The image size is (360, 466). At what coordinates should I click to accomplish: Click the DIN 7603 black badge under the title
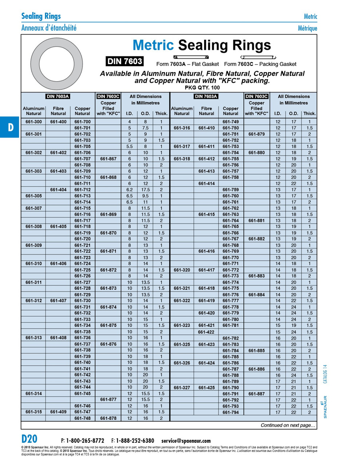coord(124,61)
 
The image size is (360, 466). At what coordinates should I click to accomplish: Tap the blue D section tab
coord(10,127)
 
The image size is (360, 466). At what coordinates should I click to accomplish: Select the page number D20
coord(29,439)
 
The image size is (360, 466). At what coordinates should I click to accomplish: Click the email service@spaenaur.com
coord(186,441)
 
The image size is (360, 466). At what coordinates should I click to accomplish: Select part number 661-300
coord(33,122)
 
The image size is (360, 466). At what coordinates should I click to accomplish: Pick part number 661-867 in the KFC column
coord(108,159)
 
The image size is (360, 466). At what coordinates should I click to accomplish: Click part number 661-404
coord(58,190)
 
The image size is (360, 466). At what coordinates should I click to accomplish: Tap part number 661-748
coord(82,418)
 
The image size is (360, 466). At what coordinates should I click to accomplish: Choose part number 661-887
coord(256,394)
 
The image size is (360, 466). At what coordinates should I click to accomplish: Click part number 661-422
coord(206,332)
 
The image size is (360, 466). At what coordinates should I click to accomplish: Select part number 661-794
coord(230,412)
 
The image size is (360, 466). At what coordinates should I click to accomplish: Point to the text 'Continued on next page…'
coord(288,425)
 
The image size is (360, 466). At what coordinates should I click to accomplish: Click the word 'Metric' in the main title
coord(153,45)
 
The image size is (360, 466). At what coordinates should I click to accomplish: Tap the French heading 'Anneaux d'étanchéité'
coord(49,28)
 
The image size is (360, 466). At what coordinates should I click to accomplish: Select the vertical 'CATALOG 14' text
coord(325,374)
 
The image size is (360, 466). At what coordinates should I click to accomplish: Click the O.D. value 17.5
coord(145,190)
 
